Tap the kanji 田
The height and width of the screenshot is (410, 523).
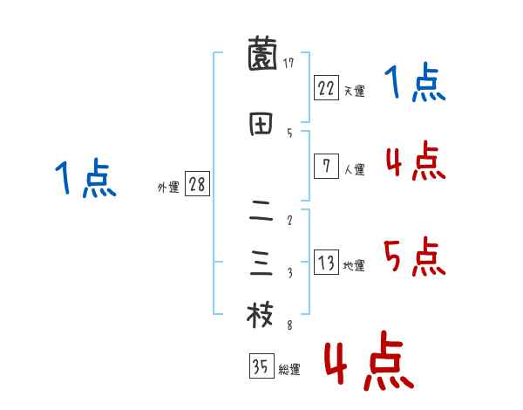[x=261, y=126]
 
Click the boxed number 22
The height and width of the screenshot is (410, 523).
[x=326, y=87]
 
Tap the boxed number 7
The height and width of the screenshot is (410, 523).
[x=326, y=167]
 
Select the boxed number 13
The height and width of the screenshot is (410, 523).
[x=326, y=263]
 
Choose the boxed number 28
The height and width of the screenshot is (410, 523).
[x=197, y=185]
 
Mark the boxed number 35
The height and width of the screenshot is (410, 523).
[x=261, y=366]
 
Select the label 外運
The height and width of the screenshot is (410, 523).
[x=168, y=188]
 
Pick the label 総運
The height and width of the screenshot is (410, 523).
[x=289, y=370]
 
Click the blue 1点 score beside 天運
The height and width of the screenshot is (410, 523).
[x=415, y=85]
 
